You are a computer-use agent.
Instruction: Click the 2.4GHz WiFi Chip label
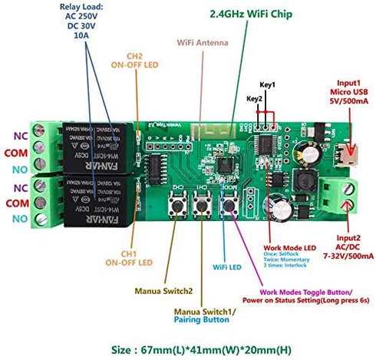click(x=249, y=13)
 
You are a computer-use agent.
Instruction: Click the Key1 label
click(x=268, y=84)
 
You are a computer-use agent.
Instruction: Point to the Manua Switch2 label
click(x=165, y=291)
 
